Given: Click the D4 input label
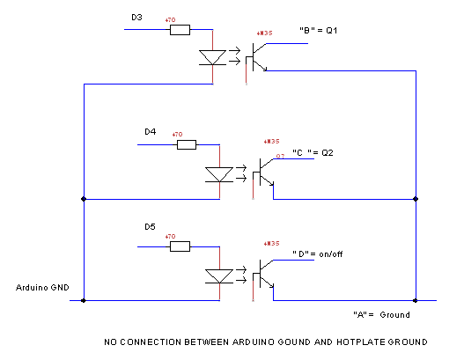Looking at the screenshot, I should (x=150, y=132).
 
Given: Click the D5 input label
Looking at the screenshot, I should (x=150, y=227).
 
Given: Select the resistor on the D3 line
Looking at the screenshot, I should (x=179, y=30).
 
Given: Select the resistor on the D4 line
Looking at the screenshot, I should (x=186, y=144).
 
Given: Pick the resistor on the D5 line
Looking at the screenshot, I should (x=179, y=247).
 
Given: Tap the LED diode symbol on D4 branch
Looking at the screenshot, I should (x=217, y=173).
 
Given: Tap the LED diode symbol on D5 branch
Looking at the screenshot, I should (x=217, y=276).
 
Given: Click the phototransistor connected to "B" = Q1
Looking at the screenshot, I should (x=254, y=58).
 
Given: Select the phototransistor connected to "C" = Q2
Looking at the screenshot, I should (x=263, y=173).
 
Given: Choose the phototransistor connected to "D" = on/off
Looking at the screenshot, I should (x=263, y=276).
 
